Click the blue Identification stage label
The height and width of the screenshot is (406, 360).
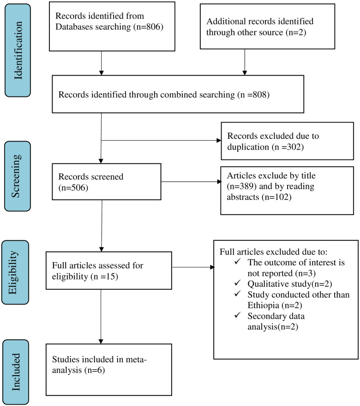point(18,50)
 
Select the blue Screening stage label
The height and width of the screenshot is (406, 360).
point(18,176)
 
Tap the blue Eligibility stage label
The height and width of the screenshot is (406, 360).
point(15,272)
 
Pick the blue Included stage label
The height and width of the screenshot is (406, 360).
point(16,372)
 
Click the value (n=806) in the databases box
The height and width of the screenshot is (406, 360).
point(149,27)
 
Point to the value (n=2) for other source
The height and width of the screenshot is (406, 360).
point(296,32)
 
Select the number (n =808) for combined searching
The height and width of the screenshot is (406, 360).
point(253,95)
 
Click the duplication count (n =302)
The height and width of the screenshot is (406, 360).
point(288,147)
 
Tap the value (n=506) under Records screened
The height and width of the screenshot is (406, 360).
point(73,187)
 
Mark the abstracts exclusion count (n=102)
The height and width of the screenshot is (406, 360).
point(276,197)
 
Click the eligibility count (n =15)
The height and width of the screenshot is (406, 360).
point(104,276)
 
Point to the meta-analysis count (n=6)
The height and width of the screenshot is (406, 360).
point(95,370)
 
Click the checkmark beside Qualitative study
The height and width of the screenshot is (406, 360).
point(238,283)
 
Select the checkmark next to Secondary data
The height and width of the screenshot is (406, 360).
point(238,315)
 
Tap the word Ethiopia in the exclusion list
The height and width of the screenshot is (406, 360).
point(263,305)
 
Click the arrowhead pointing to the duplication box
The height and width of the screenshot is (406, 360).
point(219,140)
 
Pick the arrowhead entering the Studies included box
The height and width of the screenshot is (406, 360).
point(101,341)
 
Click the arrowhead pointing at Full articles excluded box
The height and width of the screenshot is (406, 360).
point(212,267)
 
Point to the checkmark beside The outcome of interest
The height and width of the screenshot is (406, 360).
point(238,261)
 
